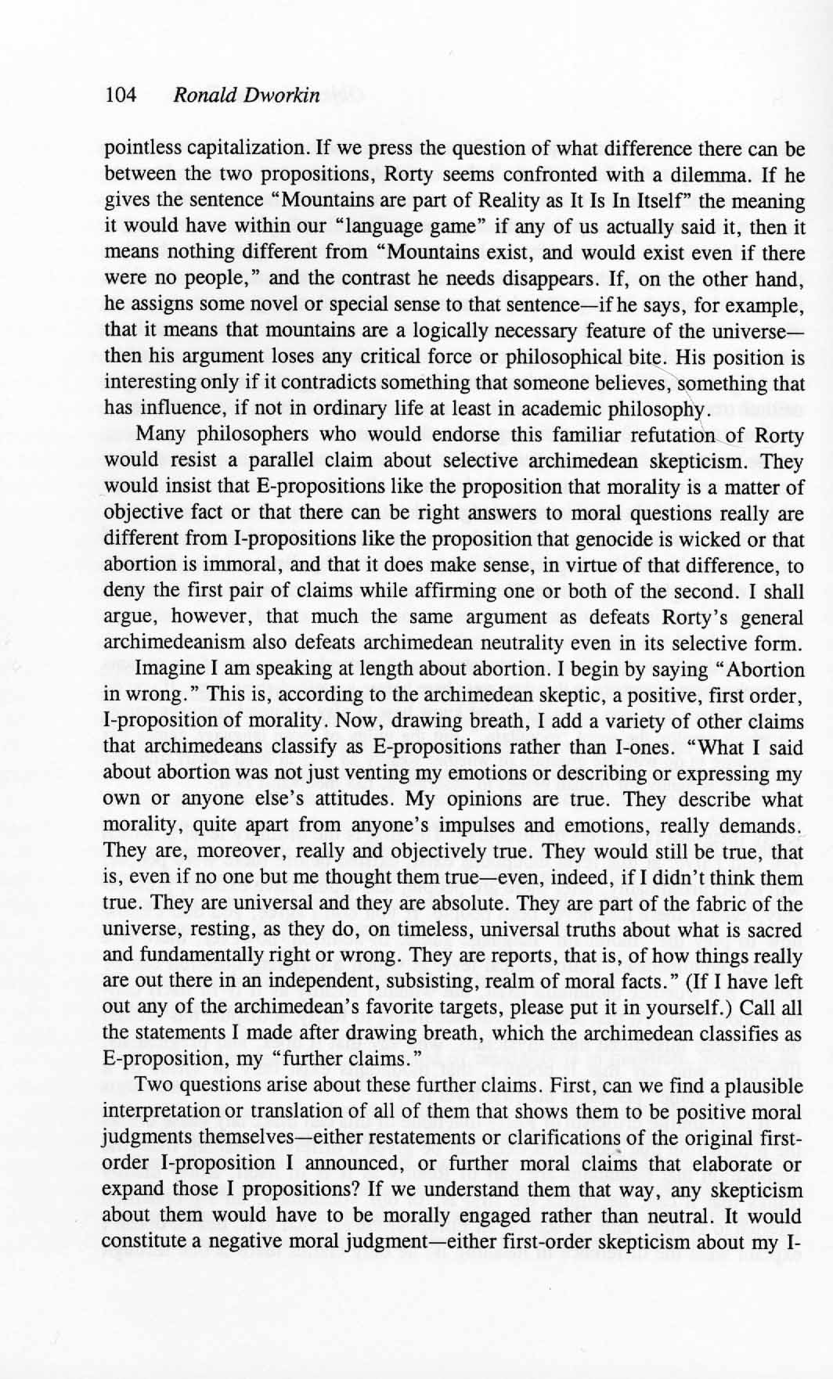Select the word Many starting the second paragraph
pyautogui.click(x=160, y=435)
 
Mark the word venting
pyautogui.click(x=410, y=774)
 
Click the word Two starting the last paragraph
pyautogui.click(x=153, y=1087)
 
